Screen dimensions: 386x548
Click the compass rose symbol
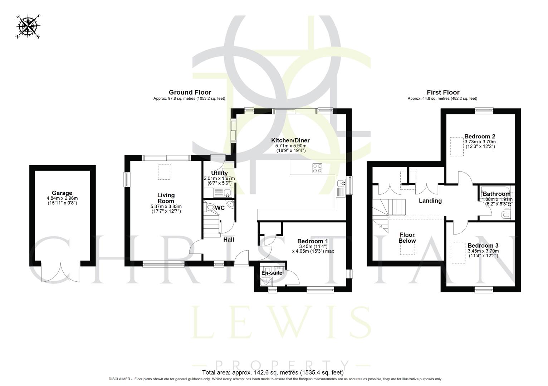[x=28, y=26]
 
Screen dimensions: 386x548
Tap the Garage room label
[x=62, y=193]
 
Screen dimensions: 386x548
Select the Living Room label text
[x=166, y=198]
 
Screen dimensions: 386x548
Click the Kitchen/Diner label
[x=292, y=140]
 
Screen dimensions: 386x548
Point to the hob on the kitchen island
[x=317, y=168]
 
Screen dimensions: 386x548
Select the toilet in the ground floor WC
[x=211, y=207]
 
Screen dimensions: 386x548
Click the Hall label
[x=229, y=239]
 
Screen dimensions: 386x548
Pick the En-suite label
[x=271, y=273]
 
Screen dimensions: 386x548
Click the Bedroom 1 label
[x=312, y=241]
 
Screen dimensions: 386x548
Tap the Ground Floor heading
[x=190, y=93]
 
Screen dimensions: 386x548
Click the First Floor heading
[x=443, y=93]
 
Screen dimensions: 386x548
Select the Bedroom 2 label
[x=479, y=137]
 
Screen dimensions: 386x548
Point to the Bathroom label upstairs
[x=496, y=194]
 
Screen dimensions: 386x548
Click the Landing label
[x=430, y=201]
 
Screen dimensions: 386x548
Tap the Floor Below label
[x=407, y=238]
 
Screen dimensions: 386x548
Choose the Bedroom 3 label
[x=483, y=246]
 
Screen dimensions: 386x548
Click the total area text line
[x=273, y=372]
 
